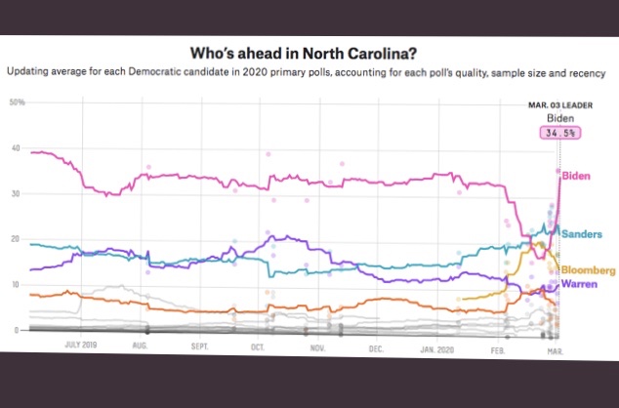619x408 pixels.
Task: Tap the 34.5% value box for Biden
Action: (560, 132)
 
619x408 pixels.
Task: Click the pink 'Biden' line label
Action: (580, 174)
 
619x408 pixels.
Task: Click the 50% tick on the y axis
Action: (17, 102)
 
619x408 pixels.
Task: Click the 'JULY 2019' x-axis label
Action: (81, 346)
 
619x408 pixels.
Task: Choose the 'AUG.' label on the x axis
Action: (141, 346)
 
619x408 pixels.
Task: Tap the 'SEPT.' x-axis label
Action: (199, 346)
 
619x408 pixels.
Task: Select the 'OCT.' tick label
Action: (259, 346)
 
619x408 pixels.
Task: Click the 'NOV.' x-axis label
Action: (317, 346)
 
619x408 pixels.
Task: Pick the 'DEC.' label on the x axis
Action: (376, 346)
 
